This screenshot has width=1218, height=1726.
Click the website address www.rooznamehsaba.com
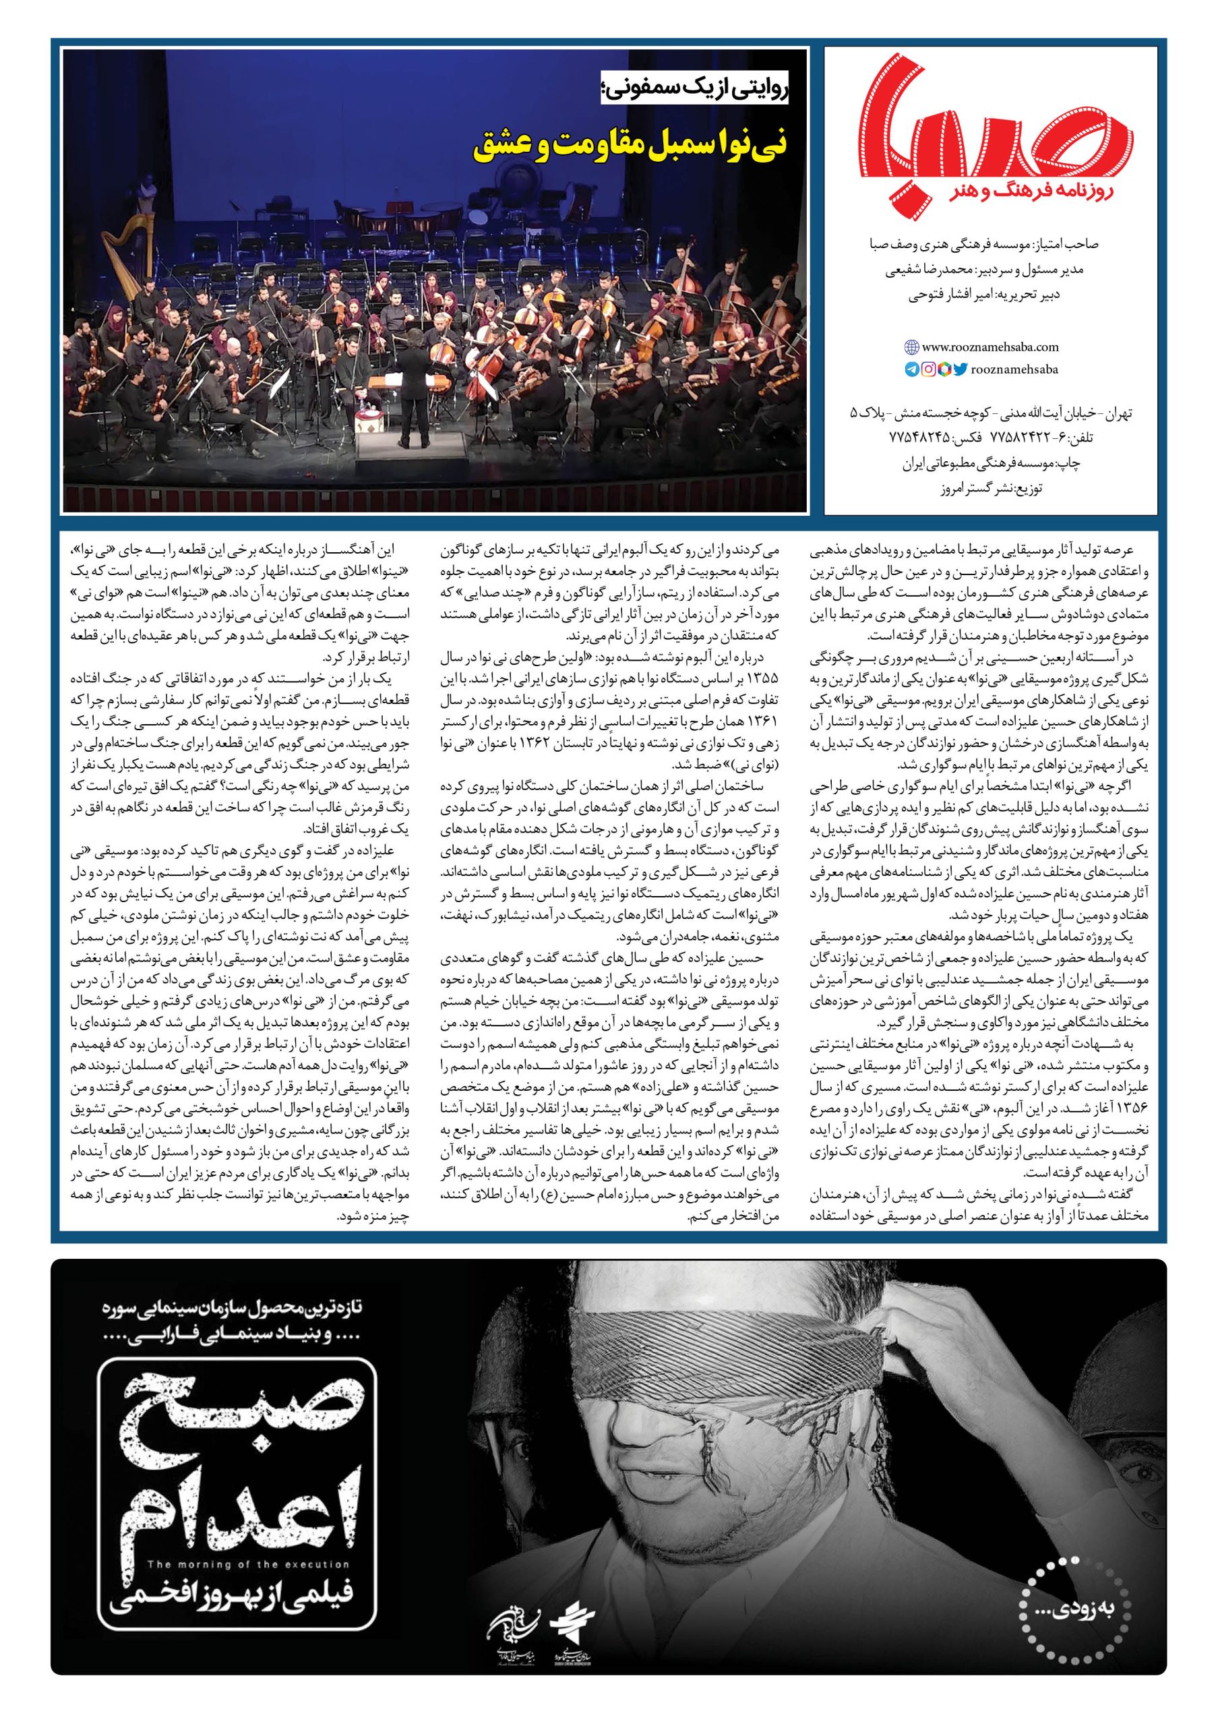pyautogui.click(x=989, y=347)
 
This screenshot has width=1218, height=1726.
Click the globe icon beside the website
pyautogui.click(x=911, y=347)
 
